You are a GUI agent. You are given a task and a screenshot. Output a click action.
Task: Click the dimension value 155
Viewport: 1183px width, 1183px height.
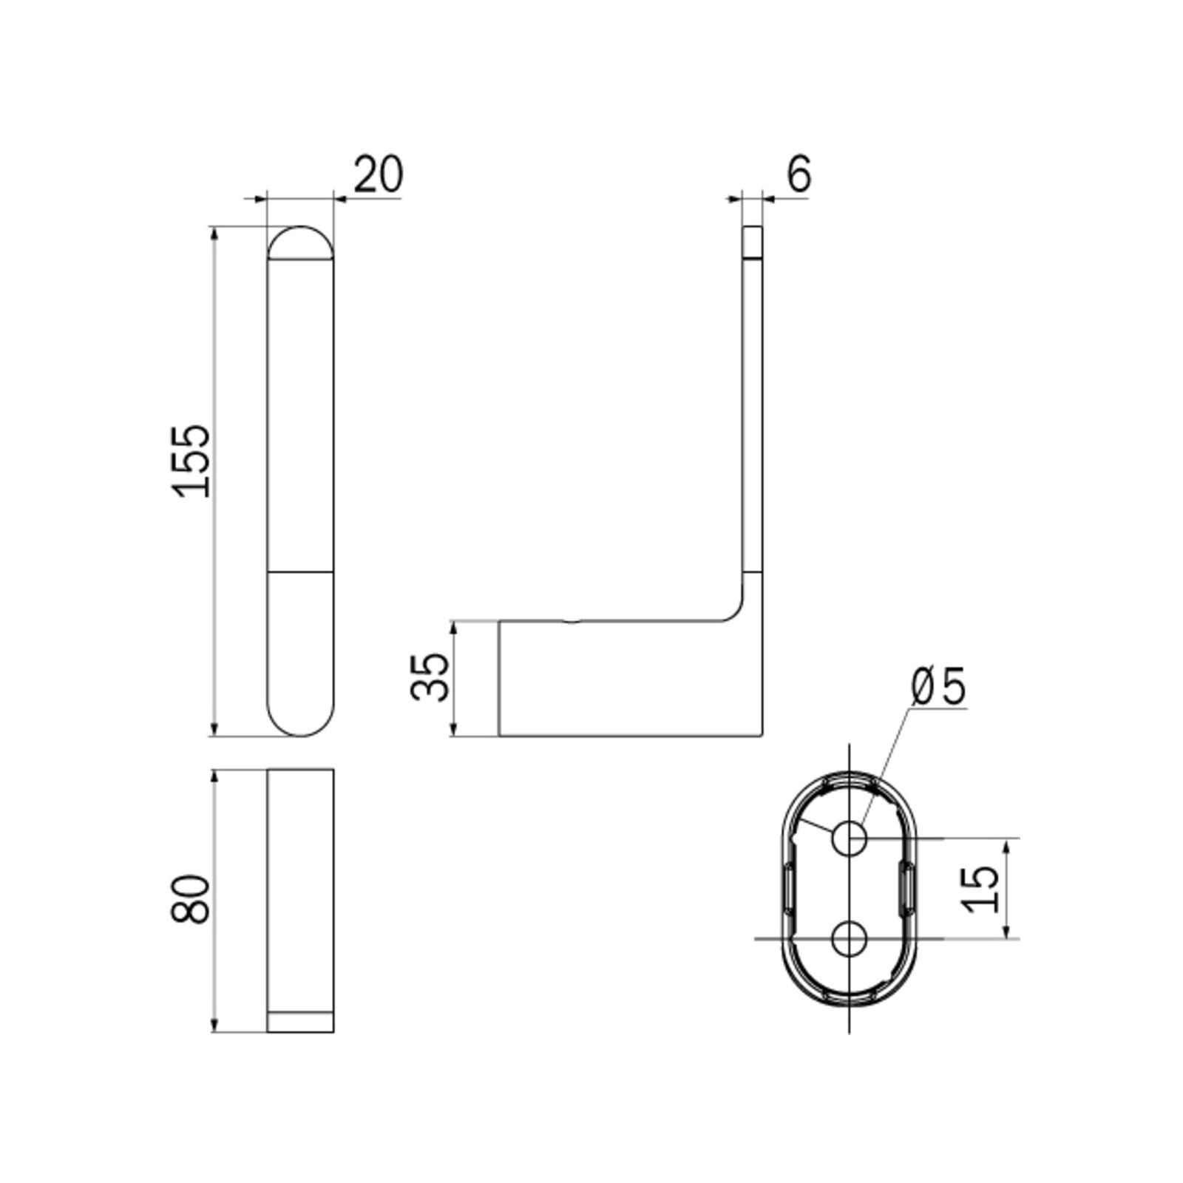(x=191, y=460)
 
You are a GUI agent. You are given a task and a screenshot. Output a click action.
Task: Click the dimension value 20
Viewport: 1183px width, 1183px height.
(x=379, y=174)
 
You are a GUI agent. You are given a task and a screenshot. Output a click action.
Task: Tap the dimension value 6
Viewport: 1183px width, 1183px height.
(x=799, y=174)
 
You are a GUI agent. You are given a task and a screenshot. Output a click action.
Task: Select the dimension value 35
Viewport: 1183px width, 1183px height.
(x=430, y=677)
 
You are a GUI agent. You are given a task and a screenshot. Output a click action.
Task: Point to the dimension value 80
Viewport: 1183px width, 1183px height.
(x=191, y=898)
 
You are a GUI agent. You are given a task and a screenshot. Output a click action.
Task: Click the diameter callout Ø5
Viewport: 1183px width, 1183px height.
(x=939, y=687)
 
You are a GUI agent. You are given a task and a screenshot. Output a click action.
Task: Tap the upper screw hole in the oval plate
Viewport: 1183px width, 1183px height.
(x=849, y=838)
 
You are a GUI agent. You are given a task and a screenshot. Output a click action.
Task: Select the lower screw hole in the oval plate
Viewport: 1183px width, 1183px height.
(x=849, y=939)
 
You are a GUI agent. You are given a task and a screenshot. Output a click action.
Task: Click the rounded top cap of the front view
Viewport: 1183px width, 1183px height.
(x=300, y=243)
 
